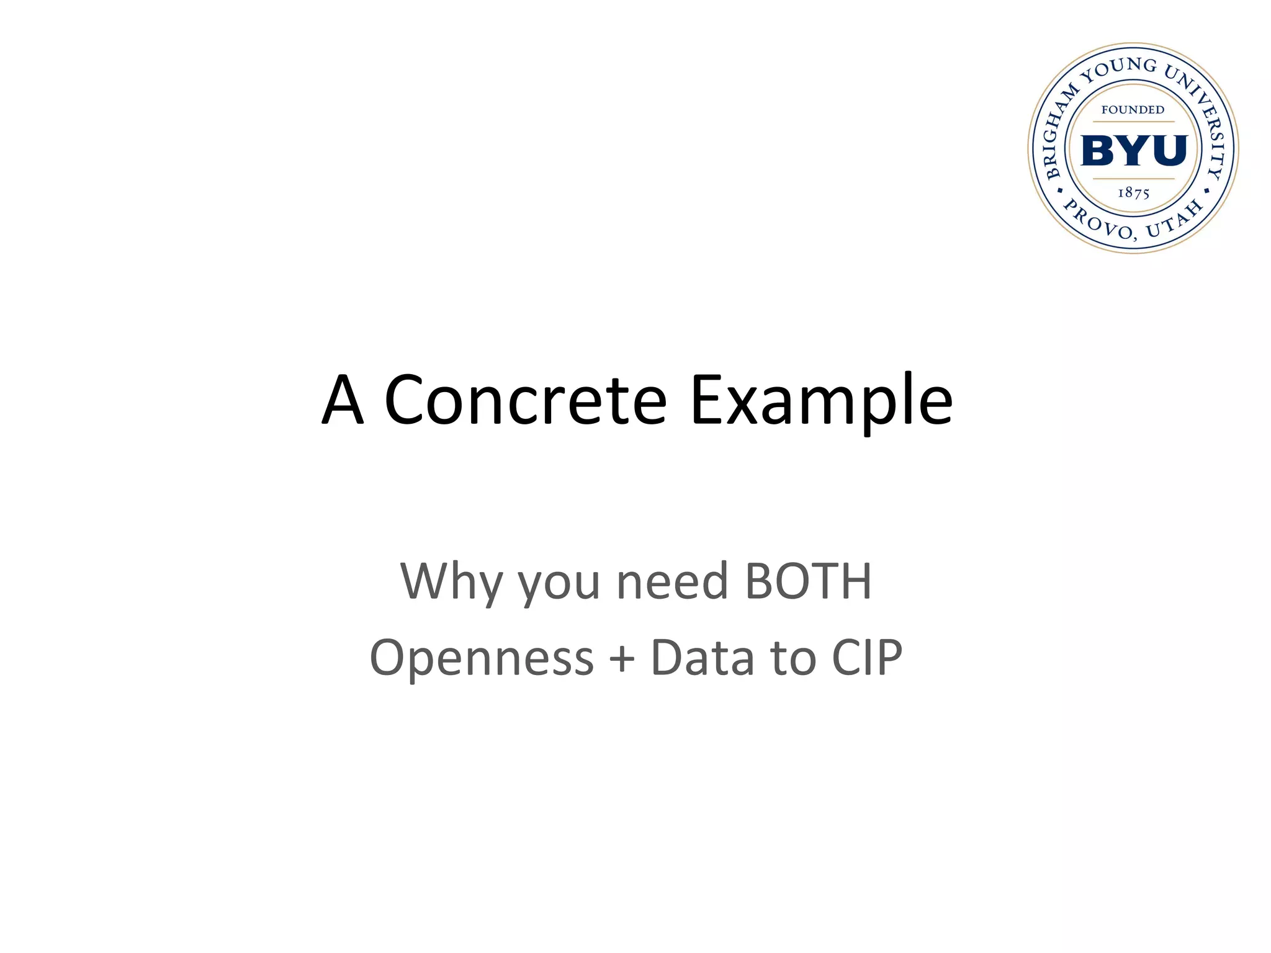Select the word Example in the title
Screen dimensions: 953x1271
click(821, 402)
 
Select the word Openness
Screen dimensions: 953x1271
click(482, 658)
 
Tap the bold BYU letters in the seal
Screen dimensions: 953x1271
click(1134, 150)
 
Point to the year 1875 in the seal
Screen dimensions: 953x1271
click(1134, 193)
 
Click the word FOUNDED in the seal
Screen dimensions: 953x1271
click(1133, 110)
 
